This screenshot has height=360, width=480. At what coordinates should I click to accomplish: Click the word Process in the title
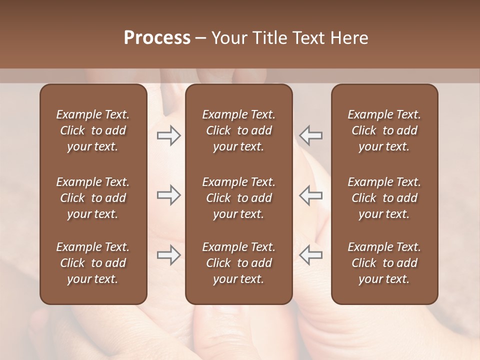click(x=157, y=38)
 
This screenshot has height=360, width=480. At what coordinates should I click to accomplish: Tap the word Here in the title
click(x=349, y=38)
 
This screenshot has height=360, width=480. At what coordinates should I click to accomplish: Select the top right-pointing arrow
click(x=169, y=135)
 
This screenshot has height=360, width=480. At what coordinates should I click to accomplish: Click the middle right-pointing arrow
click(x=169, y=195)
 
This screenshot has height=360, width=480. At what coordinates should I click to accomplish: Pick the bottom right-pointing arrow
click(x=169, y=255)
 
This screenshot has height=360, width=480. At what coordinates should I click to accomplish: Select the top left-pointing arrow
click(x=310, y=135)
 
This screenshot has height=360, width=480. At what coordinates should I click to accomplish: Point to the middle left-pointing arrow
click(x=310, y=195)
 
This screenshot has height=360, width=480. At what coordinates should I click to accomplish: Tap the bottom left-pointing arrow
click(x=310, y=255)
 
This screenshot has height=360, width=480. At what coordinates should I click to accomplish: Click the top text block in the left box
click(x=93, y=130)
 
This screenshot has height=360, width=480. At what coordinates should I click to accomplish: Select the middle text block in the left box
click(x=93, y=198)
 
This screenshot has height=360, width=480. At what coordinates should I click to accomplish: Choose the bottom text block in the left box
click(x=93, y=263)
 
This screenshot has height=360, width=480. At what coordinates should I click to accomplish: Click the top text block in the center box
click(x=239, y=130)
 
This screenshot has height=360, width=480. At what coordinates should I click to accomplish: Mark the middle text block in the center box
click(x=239, y=198)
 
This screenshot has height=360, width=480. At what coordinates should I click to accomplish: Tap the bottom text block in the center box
click(x=239, y=263)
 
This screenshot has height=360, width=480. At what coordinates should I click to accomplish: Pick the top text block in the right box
click(x=384, y=130)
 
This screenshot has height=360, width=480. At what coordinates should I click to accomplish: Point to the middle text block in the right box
click(x=384, y=198)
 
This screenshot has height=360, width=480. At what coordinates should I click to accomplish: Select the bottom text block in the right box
click(x=384, y=263)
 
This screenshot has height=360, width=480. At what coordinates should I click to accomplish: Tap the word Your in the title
click(x=227, y=38)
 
